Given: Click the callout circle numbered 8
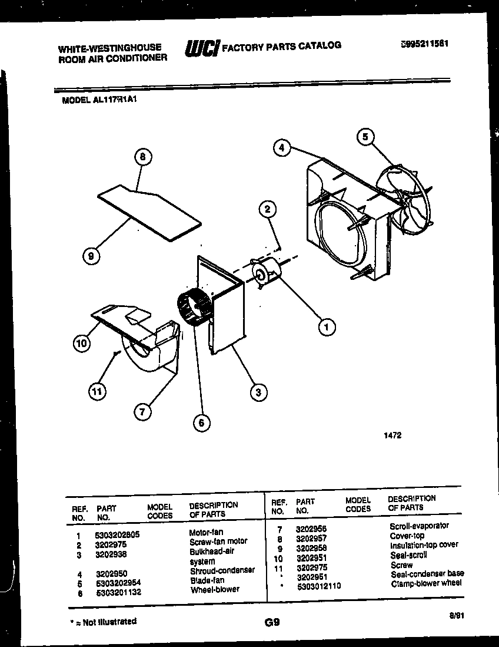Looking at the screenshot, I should (x=142, y=157).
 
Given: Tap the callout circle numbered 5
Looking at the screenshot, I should (x=365, y=137).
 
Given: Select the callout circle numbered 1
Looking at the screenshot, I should (x=327, y=326).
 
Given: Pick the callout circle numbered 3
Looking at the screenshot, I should (x=257, y=391).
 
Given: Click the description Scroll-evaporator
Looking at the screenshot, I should (x=419, y=526).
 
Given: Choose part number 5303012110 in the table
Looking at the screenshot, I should (x=318, y=585).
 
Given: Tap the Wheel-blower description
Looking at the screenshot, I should (x=215, y=589).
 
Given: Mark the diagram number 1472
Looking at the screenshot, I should (x=392, y=436).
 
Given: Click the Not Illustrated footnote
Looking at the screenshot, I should (x=103, y=621).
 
